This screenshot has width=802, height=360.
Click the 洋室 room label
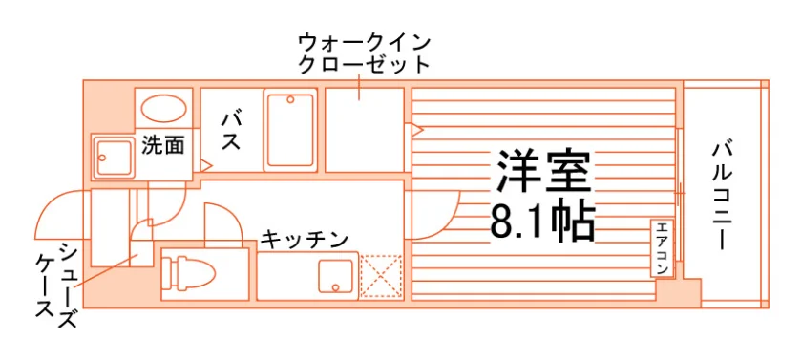click(x=542, y=171)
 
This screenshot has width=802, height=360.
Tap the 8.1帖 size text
click(x=542, y=222)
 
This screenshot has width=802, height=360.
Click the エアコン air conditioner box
click(x=662, y=249)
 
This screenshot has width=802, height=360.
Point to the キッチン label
click(x=305, y=239)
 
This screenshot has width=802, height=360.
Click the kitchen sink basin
click(x=335, y=275)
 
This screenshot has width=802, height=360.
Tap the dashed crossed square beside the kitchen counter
click(x=382, y=276)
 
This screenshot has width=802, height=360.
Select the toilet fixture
click(x=188, y=273)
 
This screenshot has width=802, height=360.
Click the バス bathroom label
click(x=231, y=132)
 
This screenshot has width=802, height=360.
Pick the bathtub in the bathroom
click(x=290, y=130)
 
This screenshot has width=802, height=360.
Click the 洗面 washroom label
click(x=162, y=146)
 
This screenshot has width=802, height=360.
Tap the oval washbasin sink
click(x=163, y=109)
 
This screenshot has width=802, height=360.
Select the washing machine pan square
click(x=113, y=158)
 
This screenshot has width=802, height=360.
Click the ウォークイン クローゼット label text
click(x=364, y=53)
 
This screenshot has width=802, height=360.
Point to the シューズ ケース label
click(x=56, y=286)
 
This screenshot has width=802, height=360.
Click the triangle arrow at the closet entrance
click(x=414, y=129)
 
